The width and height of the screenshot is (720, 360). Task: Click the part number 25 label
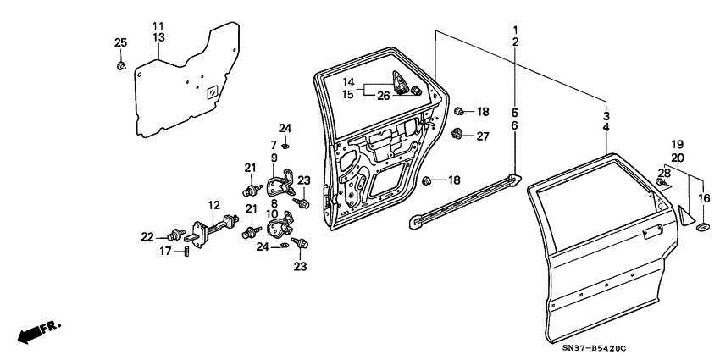point(120,43)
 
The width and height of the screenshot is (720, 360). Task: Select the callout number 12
point(213,205)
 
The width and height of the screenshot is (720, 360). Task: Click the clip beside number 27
point(459,133)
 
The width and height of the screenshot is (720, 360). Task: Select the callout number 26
point(384,95)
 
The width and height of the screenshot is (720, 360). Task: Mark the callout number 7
point(274,145)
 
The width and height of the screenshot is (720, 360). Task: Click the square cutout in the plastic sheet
point(212,91)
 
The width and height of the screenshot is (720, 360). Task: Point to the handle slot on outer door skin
point(652,230)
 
